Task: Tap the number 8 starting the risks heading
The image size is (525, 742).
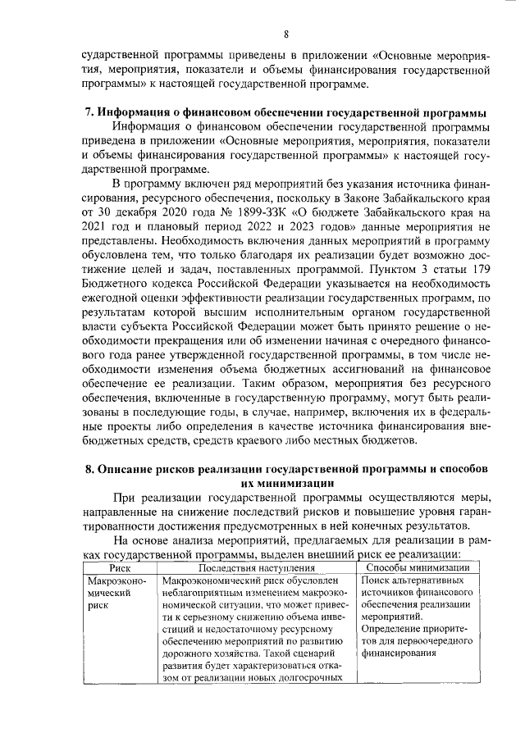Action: coord(90,468)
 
